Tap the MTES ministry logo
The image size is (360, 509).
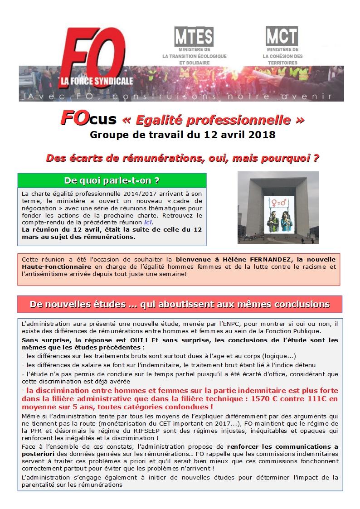194,37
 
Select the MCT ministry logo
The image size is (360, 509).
282,36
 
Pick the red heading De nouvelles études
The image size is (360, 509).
180,304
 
